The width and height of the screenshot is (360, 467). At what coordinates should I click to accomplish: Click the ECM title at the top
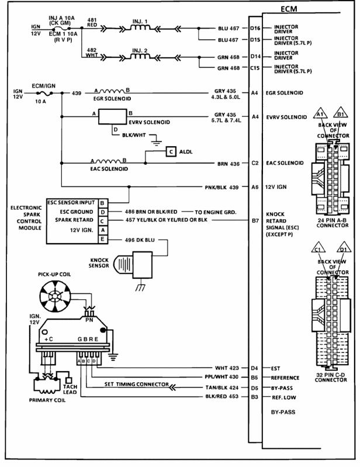pos(289,9)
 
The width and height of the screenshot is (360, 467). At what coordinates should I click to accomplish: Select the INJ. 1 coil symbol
pos(140,27)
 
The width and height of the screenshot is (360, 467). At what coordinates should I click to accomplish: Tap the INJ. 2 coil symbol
pos(140,56)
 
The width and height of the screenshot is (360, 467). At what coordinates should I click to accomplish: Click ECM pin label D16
pos(255,28)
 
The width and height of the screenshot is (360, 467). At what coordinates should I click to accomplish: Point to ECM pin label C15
pos(255,68)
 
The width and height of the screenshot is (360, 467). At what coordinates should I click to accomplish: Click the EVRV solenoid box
pos(113,116)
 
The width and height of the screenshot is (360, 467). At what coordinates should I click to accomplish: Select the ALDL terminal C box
pos(171,151)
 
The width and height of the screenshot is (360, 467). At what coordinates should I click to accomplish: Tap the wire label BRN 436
pos(229,164)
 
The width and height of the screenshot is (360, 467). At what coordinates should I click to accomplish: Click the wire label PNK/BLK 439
pos(221,188)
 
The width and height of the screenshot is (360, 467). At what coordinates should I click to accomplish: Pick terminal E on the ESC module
pos(103,239)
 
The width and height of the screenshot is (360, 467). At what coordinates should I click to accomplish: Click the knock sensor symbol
pos(133,265)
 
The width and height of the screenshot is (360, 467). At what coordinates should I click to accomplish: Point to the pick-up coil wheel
pos(55,296)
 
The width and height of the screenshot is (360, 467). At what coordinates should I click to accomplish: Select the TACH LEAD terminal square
pos(68,380)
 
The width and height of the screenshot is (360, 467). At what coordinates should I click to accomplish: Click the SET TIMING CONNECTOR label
pos(136,384)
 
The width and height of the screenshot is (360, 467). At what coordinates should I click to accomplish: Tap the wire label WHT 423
pos(227,368)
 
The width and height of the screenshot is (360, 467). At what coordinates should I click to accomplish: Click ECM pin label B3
pos(254,397)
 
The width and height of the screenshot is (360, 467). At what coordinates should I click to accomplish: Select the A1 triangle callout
pos(320,113)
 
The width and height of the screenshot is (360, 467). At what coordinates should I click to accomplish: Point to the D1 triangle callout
pos(344,248)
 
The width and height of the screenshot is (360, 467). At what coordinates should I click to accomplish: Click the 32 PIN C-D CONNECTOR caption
pos(331,378)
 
